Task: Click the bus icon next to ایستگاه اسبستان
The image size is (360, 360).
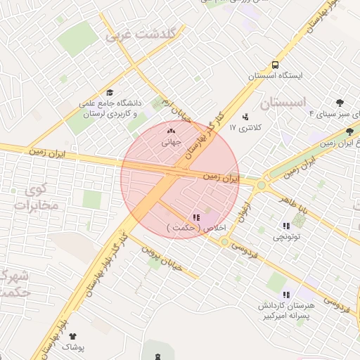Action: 274,63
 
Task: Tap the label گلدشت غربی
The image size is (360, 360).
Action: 144,34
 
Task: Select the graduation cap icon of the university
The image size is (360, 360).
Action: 110,92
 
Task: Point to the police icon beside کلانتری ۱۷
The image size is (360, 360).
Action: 245,116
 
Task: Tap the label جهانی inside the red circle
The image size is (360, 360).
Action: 172,141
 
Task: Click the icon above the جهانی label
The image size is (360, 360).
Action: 172,130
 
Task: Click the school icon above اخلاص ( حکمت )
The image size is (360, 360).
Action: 196,217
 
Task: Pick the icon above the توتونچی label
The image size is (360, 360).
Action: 286,226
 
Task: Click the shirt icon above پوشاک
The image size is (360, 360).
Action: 72,337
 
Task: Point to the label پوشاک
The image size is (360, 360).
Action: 72,347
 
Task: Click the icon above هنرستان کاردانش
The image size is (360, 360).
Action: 285,295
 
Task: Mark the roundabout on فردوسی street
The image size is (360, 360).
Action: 224,242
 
